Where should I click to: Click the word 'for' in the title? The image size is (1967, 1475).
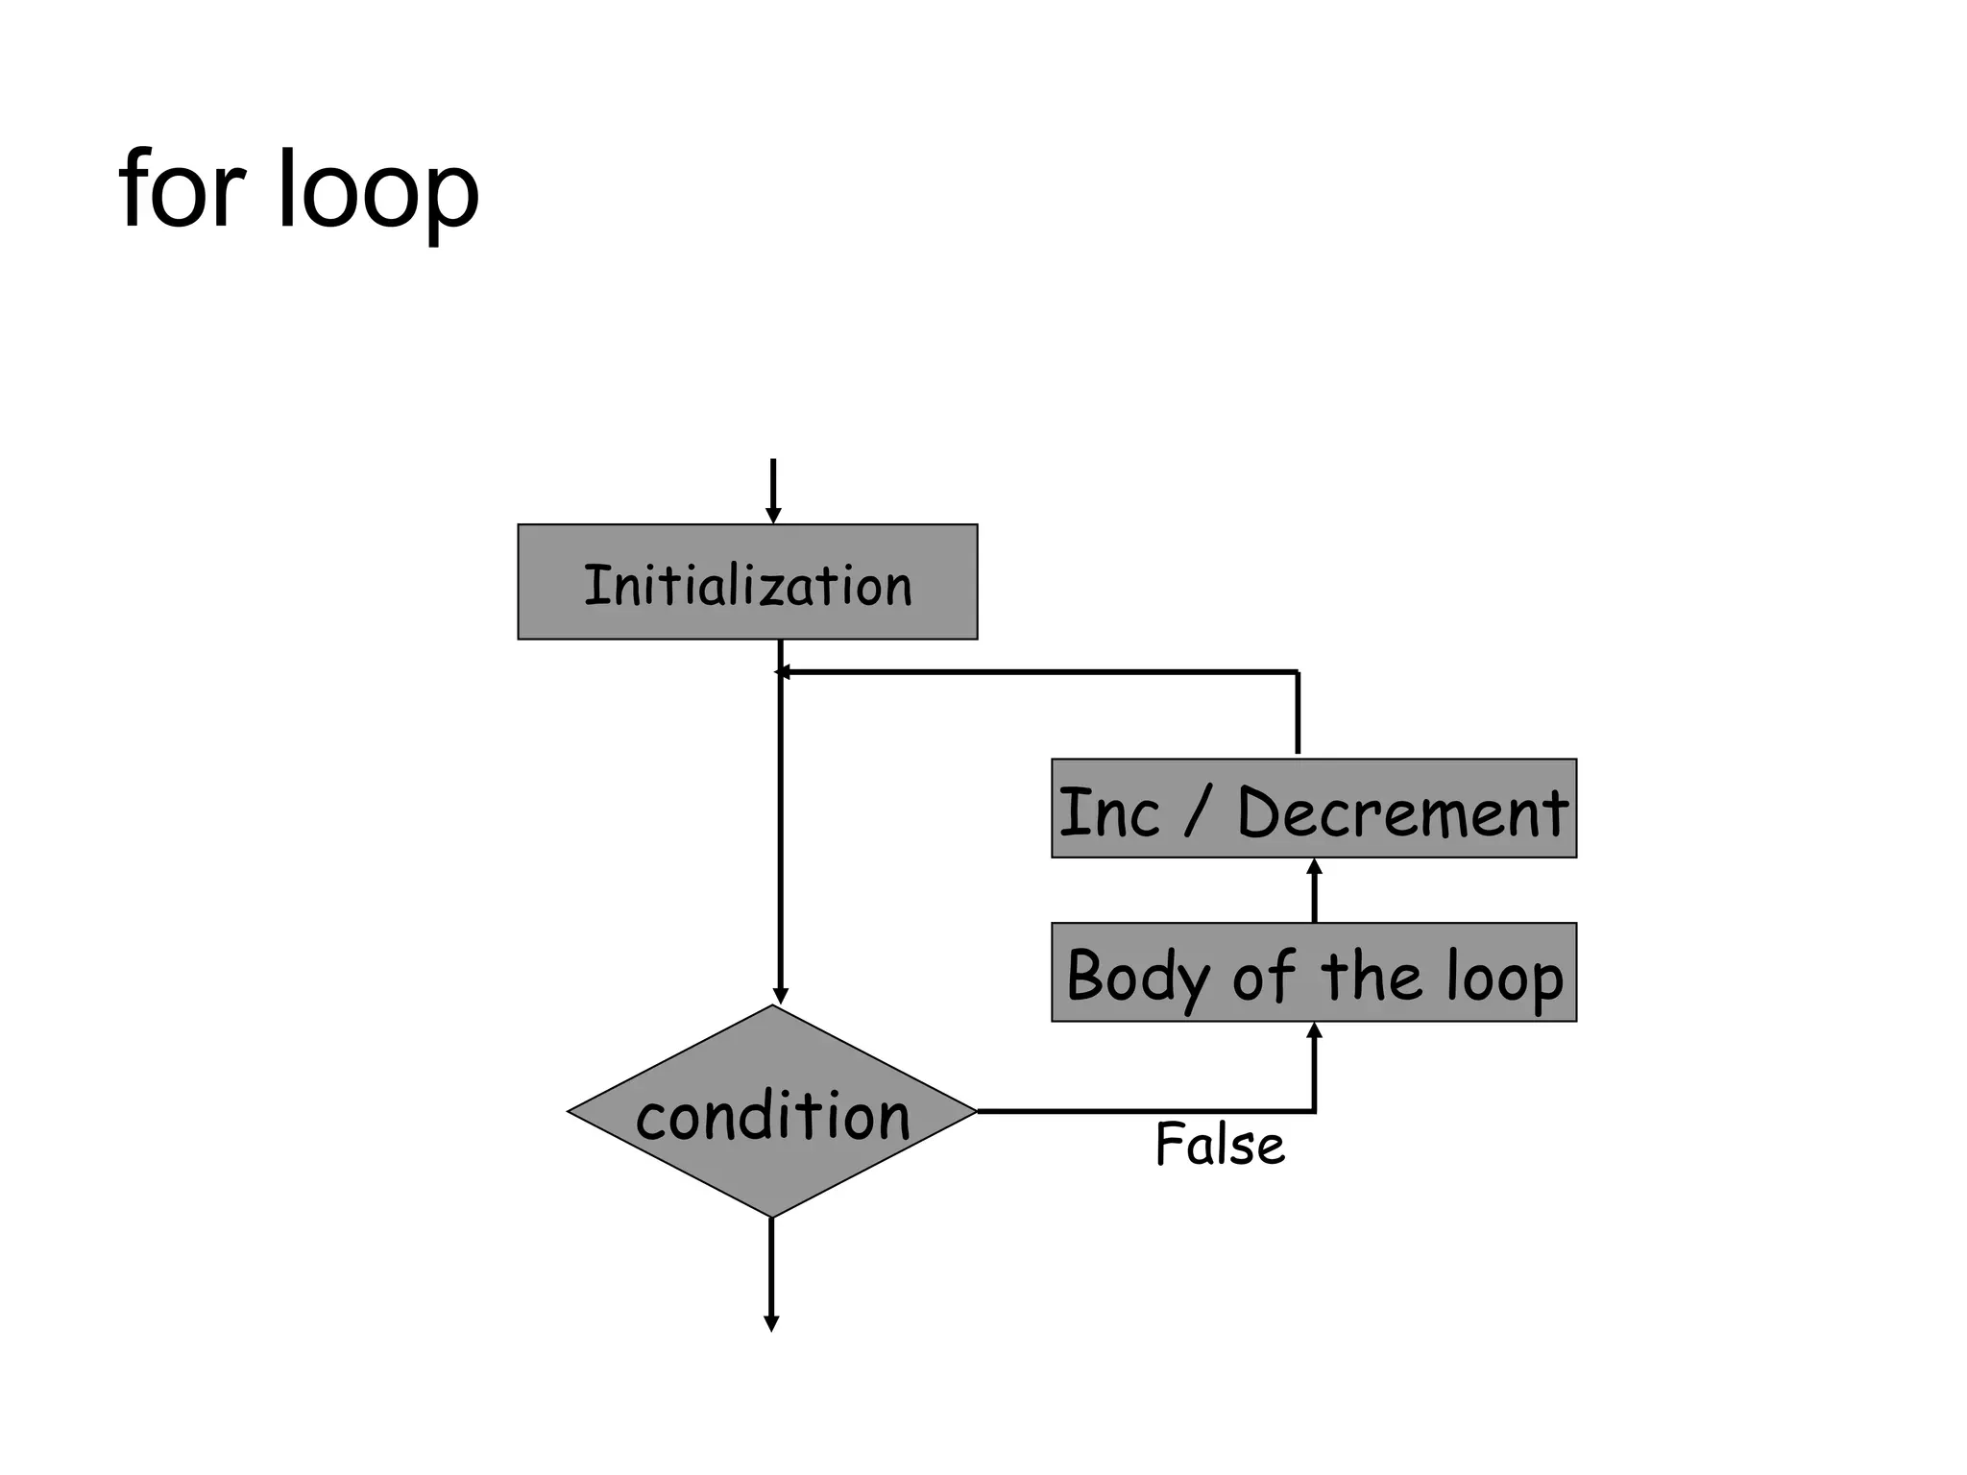182,190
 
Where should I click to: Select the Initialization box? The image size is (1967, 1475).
747,582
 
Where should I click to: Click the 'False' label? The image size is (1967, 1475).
1219,1145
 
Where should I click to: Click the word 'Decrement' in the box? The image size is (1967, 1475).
1402,812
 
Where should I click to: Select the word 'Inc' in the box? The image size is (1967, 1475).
1108,812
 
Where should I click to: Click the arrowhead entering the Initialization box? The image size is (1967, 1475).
772,516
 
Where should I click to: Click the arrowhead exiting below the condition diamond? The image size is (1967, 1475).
770,1323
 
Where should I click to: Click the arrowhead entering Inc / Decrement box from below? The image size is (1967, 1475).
1314,867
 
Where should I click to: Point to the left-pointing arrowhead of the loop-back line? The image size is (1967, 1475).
783,672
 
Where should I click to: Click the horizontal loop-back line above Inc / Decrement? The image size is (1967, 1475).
1037,672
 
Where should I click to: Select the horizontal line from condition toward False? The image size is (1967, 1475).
1143,1111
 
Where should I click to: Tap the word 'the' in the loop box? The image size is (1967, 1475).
1371,976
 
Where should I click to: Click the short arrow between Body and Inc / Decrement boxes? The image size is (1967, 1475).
1314,893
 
